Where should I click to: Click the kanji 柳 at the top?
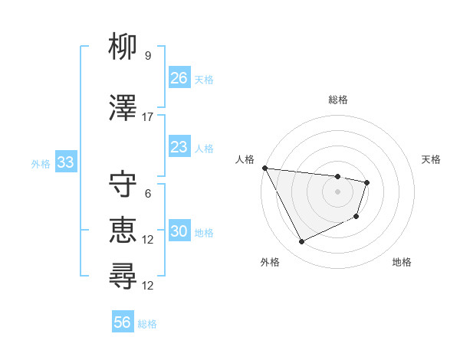coord(123,47)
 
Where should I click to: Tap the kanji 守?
coord(123,185)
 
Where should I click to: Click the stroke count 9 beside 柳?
coord(147,56)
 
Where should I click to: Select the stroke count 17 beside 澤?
coord(148,117)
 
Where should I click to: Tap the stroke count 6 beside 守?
coord(147,194)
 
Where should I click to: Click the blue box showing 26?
coord(179,78)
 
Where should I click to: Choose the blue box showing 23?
coord(179,147)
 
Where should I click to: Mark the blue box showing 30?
coord(179,232)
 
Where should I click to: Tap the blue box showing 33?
coord(65,162)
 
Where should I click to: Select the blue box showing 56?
coord(122,322)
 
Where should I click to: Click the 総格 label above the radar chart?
coord(338,100)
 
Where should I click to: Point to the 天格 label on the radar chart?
coord(432,159)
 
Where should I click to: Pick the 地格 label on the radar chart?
coord(402,263)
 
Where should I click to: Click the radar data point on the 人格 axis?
coord(264,168)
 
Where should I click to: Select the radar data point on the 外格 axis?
coord(301,242)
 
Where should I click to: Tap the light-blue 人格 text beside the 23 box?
coord(204,148)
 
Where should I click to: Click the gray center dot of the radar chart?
coord(338,191)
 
